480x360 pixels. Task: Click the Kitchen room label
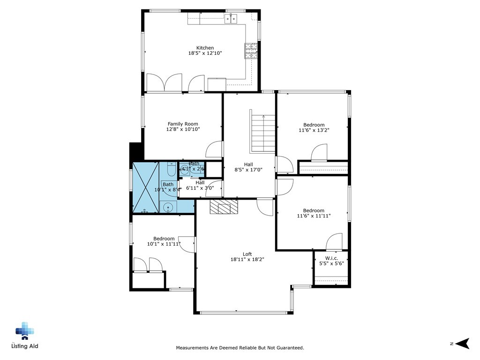coord(205,48)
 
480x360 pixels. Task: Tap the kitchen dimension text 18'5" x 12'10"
coord(205,53)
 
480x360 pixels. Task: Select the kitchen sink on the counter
coord(231,19)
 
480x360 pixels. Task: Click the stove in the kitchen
coord(251,51)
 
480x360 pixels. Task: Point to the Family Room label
coord(183,124)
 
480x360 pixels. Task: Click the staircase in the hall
coord(262,133)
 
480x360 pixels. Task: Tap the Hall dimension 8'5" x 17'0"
coord(248,170)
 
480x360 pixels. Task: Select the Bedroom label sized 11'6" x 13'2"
coord(314,125)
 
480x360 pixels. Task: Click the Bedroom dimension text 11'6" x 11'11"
coord(313,216)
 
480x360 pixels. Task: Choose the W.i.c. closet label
coord(331,258)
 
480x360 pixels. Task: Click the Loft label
coord(247,254)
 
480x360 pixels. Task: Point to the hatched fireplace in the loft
coord(224,207)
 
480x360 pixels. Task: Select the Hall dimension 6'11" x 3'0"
coord(200,188)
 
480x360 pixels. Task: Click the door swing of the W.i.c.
coord(334,242)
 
